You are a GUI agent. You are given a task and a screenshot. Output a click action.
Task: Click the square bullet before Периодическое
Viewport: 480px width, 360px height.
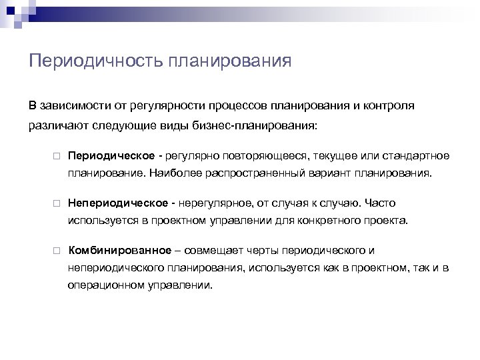[x=58, y=156]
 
